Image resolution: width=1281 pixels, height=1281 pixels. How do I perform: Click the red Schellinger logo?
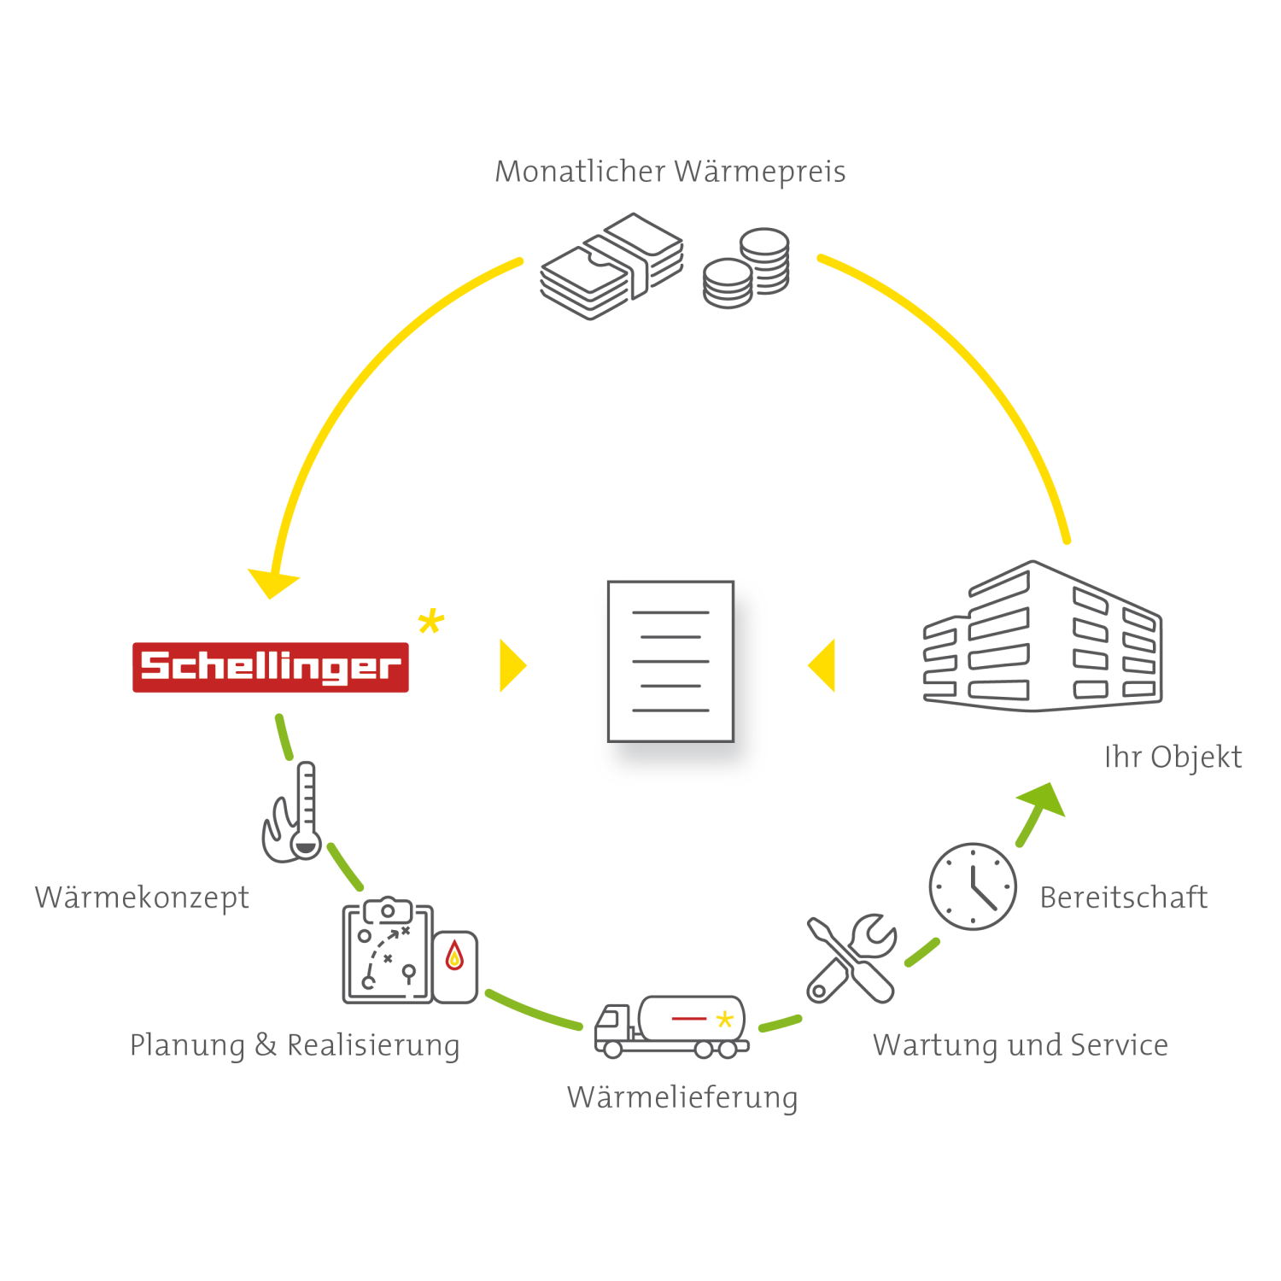[x=270, y=667]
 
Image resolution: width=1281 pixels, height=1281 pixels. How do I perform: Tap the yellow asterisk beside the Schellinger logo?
[x=431, y=621]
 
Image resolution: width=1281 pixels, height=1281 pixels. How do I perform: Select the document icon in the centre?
[x=671, y=662]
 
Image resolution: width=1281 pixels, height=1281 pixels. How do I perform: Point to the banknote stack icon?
[x=612, y=266]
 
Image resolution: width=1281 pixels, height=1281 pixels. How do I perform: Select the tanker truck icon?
[x=671, y=1027]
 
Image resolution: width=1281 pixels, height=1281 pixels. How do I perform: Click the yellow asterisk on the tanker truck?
[x=725, y=1020]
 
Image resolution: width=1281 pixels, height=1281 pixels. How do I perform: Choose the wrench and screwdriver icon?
[x=851, y=958]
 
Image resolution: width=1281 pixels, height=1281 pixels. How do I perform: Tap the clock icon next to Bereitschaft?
[x=973, y=886]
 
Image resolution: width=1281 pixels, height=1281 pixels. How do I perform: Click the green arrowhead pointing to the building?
[x=1043, y=799]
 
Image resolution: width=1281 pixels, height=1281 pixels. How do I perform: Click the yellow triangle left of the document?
[x=512, y=665]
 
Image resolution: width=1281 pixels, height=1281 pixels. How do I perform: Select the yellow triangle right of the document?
[x=822, y=664]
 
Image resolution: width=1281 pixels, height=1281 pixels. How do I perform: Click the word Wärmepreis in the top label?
[x=759, y=172]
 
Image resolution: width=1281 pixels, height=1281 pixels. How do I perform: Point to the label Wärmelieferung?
[x=682, y=1097]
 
